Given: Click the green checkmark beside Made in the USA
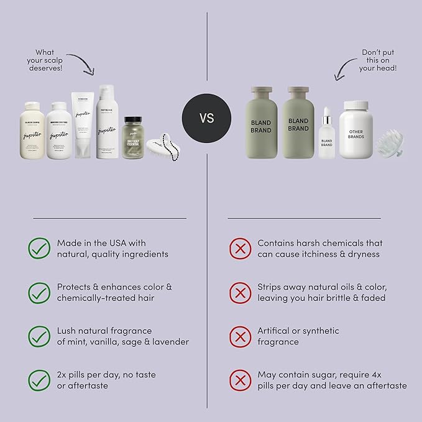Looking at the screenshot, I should (39, 249).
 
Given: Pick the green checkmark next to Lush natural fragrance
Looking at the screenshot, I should (39, 336).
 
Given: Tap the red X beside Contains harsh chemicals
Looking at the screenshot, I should (239, 249).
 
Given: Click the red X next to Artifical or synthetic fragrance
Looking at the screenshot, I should (239, 336).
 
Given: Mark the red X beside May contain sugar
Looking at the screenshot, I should (239, 380).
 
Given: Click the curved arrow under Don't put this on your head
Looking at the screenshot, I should (345, 69).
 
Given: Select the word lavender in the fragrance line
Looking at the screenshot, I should (170, 342).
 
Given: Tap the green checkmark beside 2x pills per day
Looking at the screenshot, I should (39, 380).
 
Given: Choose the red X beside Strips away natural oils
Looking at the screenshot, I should (239, 292).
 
